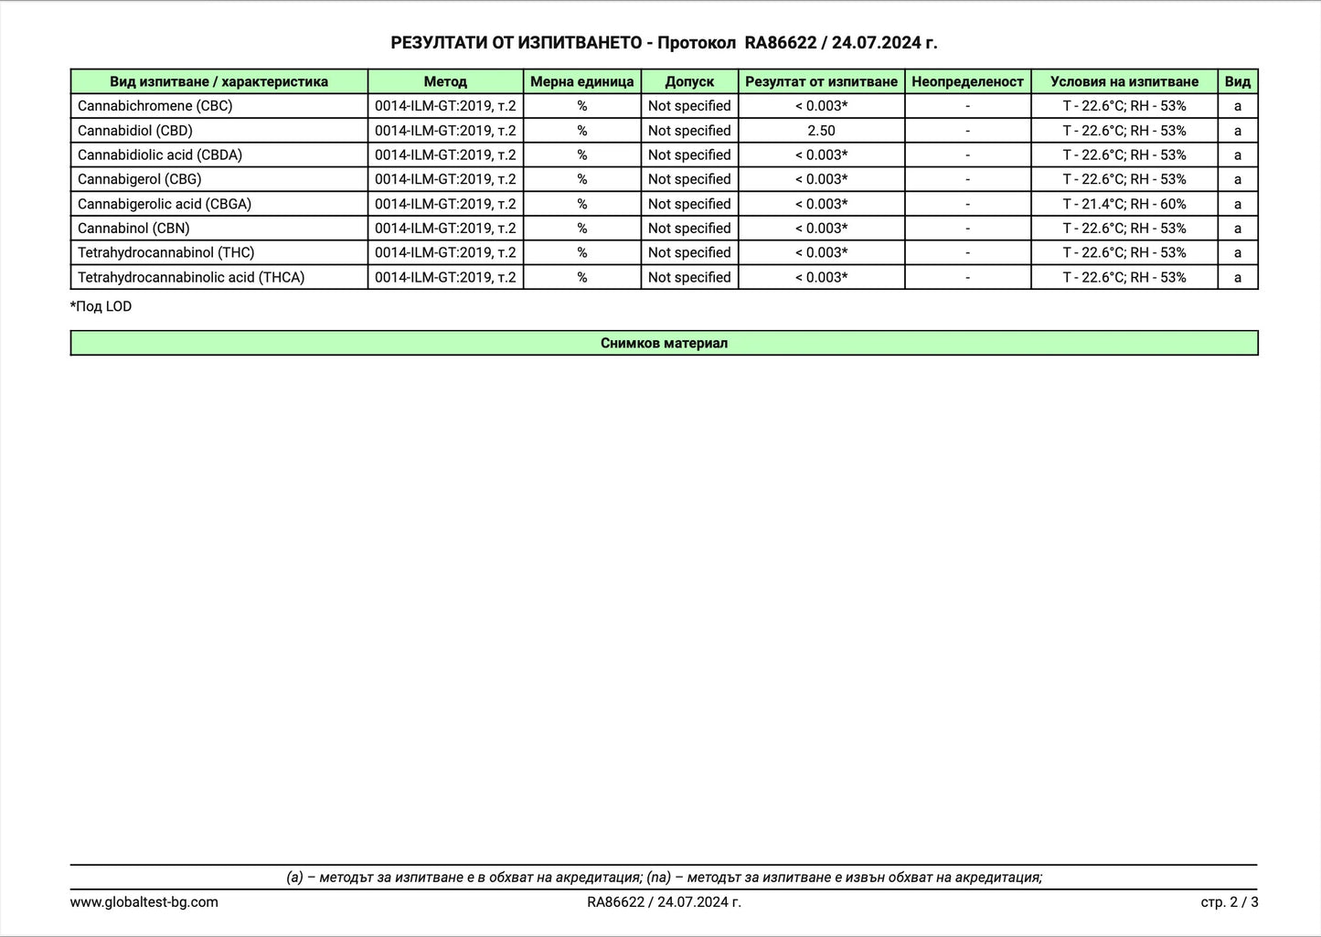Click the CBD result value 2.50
tap(821, 131)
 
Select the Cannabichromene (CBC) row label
tap(154, 106)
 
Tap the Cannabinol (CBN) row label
tap(133, 229)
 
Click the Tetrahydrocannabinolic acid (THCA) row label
tap(191, 277)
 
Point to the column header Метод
tap(445, 81)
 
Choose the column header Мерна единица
tap(581, 81)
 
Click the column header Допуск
tap(689, 81)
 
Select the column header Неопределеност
tap(967, 81)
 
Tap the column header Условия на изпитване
tap(1124, 81)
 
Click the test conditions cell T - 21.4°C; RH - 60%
tap(1124, 204)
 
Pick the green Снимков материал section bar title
tap(664, 343)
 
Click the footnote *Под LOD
tap(101, 306)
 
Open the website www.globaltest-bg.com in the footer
tap(144, 902)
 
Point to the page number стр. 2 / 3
tap(1229, 902)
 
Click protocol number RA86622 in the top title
tap(780, 43)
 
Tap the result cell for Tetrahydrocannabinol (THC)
tap(821, 253)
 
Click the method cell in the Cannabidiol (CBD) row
tap(445, 131)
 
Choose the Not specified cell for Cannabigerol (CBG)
tap(689, 179)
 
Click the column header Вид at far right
tap(1237, 81)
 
